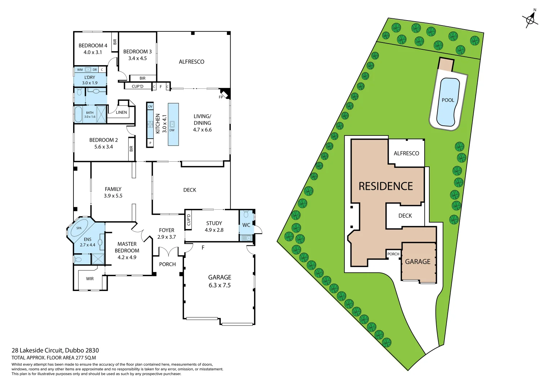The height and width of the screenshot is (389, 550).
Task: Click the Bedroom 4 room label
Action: [93, 46]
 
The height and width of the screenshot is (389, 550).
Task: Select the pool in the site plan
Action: [448, 102]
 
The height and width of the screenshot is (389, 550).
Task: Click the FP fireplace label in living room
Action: [221, 97]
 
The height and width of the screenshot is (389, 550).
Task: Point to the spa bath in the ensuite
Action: [79, 228]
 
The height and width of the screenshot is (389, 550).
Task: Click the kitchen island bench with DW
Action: [173, 124]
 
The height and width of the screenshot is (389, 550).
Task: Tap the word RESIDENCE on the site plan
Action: [385, 186]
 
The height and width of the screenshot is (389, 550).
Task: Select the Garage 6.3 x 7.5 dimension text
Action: [220, 285]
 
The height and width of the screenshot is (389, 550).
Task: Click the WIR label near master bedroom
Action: [90, 279]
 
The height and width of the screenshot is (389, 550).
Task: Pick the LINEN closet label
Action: [121, 112]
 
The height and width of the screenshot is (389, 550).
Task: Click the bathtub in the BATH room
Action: [78, 115]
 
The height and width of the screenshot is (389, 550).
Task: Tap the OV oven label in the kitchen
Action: [150, 107]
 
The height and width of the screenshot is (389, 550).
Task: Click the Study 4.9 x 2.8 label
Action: [214, 227]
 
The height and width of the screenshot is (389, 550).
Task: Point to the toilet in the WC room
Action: [246, 215]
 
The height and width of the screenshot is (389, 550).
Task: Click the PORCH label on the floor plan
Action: [167, 264]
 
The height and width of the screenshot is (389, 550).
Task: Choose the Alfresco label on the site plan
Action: [406, 153]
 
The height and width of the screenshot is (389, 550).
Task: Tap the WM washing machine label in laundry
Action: [80, 70]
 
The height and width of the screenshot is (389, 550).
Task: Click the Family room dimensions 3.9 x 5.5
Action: [113, 196]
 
